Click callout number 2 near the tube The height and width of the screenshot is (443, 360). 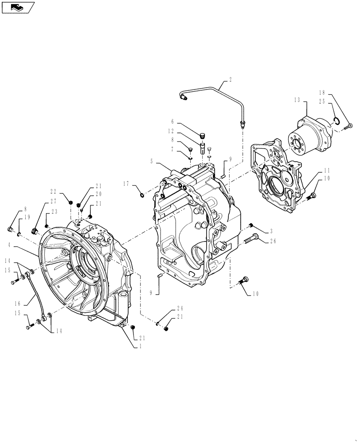[x=230, y=80]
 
